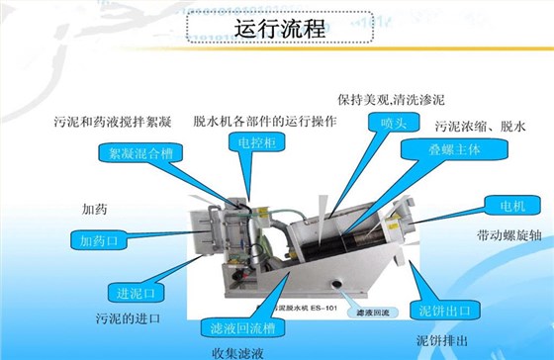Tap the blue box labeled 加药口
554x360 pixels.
(99, 239)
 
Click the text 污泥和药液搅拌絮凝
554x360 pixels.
(114, 123)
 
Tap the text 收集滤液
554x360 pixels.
(236, 352)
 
